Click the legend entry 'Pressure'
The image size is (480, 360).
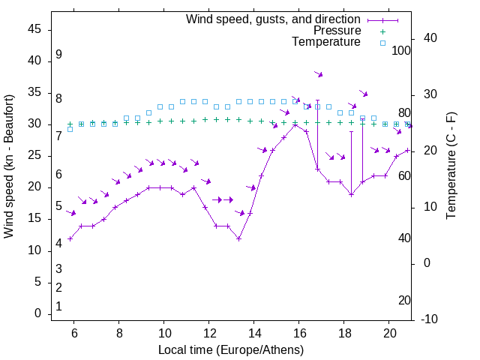[337, 31]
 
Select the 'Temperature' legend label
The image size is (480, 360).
[326, 42]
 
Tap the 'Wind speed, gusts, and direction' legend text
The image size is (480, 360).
[274, 19]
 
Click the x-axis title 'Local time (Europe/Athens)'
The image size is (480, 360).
[231, 349]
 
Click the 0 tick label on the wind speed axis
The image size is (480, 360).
[38, 314]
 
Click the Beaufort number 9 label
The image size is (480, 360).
[58, 55]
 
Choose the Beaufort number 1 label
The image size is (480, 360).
[58, 306]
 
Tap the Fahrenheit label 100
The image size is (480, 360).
[401, 51]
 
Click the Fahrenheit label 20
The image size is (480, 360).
[404, 300]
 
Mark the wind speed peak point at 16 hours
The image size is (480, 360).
[295, 124]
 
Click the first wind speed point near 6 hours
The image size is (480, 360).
[70, 238]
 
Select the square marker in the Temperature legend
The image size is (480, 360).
[382, 43]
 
